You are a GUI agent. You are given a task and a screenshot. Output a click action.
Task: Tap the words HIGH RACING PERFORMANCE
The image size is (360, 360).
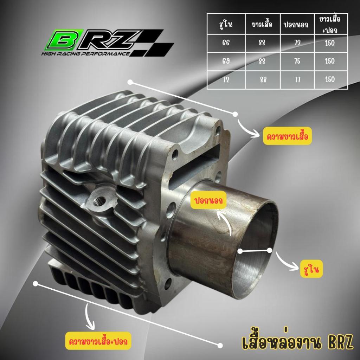(85, 54)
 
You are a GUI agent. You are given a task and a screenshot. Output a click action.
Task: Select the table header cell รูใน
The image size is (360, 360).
(226, 24)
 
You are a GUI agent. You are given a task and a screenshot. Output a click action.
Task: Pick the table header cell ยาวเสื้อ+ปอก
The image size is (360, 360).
(331, 24)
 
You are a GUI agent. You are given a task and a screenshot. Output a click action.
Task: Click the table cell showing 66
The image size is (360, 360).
(226, 43)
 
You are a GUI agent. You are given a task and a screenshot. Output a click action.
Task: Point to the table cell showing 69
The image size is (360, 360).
(226, 61)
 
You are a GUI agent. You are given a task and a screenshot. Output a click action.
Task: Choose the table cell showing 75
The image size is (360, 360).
(297, 61)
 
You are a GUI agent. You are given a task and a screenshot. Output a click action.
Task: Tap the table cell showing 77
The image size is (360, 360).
(297, 80)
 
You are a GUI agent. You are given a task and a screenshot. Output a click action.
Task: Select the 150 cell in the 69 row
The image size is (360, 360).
(331, 61)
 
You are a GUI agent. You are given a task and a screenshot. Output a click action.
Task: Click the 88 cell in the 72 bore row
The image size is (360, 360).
(263, 80)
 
